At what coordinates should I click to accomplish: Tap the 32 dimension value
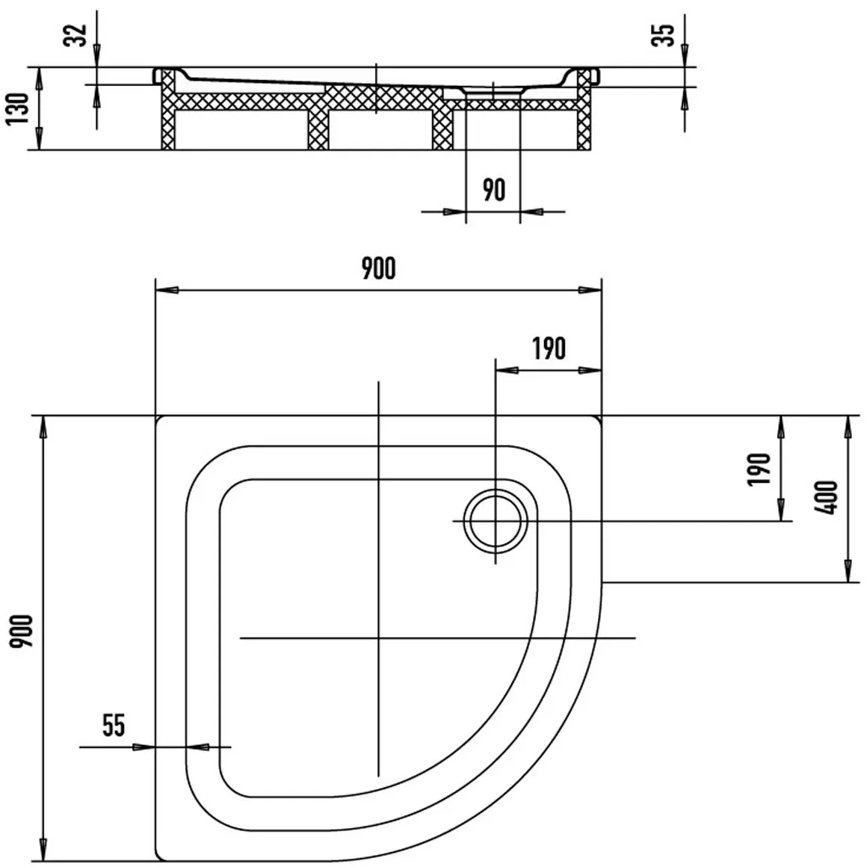(x=75, y=35)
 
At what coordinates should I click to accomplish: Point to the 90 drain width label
(x=493, y=190)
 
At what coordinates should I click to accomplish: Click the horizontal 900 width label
(x=379, y=268)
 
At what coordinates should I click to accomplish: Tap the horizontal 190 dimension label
(x=549, y=348)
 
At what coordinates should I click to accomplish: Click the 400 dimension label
(x=827, y=498)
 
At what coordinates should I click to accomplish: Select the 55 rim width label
(x=114, y=725)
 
